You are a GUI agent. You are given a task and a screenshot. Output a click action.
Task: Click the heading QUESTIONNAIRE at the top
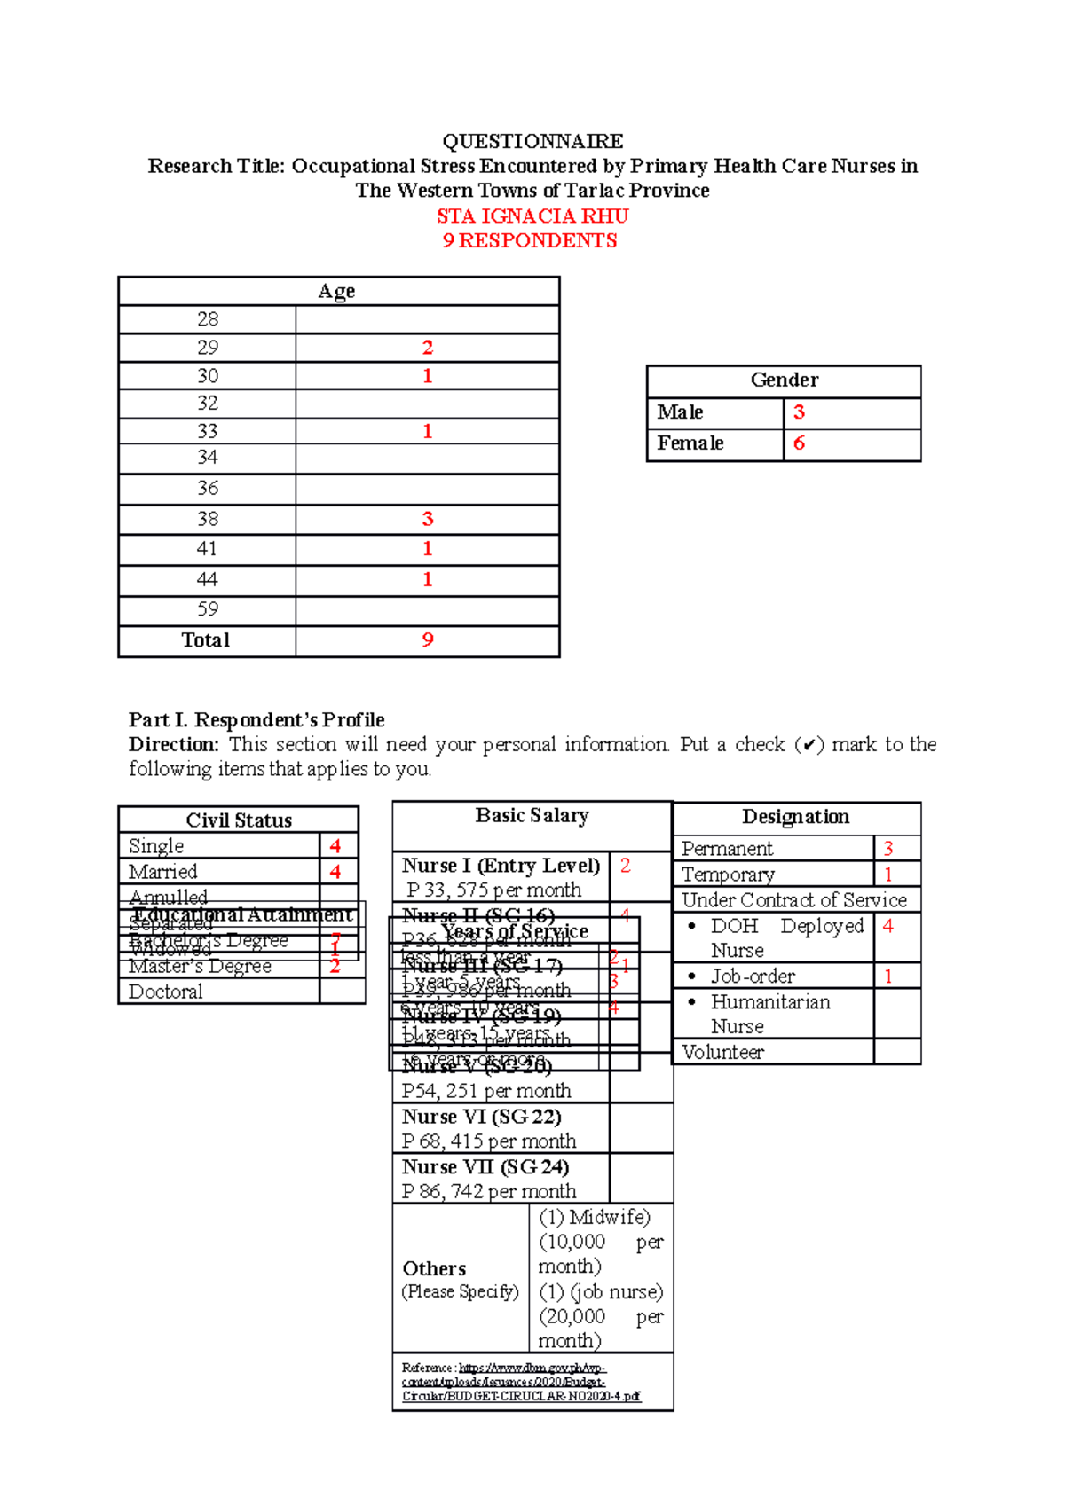click(532, 141)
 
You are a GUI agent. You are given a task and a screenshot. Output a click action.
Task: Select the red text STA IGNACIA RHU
click(532, 216)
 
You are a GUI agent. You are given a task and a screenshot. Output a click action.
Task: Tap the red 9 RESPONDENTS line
click(530, 240)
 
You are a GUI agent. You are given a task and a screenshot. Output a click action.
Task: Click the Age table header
click(337, 291)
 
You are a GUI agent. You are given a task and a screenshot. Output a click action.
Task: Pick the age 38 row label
click(207, 519)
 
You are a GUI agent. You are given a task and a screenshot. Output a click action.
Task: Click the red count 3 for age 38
click(428, 519)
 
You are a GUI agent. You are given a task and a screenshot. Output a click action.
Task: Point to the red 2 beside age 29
click(428, 348)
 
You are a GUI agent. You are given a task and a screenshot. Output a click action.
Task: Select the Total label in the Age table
click(206, 640)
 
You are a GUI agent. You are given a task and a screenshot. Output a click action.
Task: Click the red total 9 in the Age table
click(428, 640)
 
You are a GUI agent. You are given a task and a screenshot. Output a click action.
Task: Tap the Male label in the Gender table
click(680, 412)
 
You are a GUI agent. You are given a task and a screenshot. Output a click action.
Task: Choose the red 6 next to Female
click(799, 443)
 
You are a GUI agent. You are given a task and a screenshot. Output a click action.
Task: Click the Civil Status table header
click(239, 820)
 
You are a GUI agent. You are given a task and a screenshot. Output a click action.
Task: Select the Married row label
click(163, 871)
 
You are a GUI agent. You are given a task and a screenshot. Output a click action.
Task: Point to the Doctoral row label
click(166, 992)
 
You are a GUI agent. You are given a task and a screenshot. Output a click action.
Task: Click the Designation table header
click(795, 817)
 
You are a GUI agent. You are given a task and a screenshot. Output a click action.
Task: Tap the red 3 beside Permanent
click(888, 849)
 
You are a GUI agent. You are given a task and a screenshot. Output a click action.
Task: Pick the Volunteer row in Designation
click(722, 1052)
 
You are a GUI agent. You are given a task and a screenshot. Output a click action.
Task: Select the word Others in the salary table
click(434, 1268)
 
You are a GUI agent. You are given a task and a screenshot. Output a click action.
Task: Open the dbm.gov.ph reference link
click(520, 1382)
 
